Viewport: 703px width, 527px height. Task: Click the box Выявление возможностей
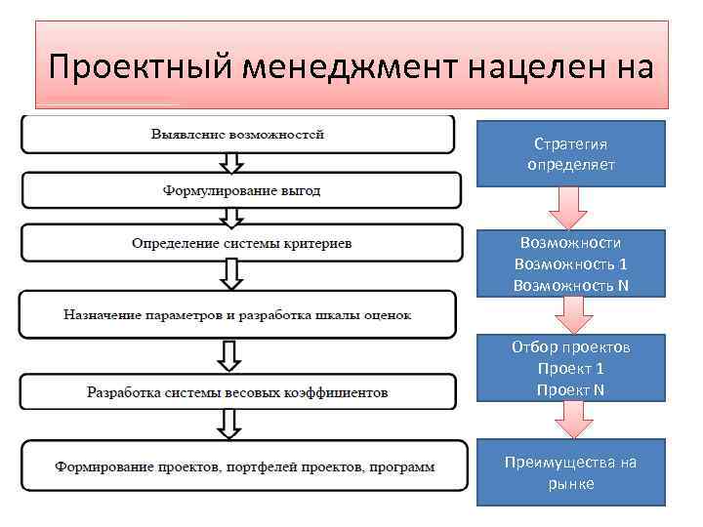click(x=237, y=134)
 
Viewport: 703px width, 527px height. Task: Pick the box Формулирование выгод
click(x=240, y=190)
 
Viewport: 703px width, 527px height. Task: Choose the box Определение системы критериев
click(x=241, y=243)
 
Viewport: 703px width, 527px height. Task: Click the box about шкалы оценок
click(x=237, y=315)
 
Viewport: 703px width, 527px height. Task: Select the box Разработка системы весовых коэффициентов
click(x=237, y=392)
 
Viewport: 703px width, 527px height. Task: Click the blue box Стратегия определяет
click(x=571, y=153)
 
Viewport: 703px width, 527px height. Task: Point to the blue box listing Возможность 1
click(x=571, y=263)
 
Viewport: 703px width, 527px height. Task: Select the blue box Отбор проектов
click(x=571, y=368)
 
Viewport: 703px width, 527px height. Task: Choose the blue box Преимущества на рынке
click(x=571, y=472)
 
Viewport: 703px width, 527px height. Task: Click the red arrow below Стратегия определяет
click(x=567, y=208)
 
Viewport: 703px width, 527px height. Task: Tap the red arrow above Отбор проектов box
click(x=571, y=315)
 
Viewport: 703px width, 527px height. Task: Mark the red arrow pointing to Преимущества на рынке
click(x=571, y=421)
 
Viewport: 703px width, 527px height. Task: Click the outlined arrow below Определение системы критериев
click(x=229, y=274)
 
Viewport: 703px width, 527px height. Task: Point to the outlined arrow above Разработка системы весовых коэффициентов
click(x=229, y=354)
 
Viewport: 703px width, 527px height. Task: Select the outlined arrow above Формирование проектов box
click(x=229, y=425)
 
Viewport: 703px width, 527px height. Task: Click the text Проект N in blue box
click(x=571, y=389)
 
